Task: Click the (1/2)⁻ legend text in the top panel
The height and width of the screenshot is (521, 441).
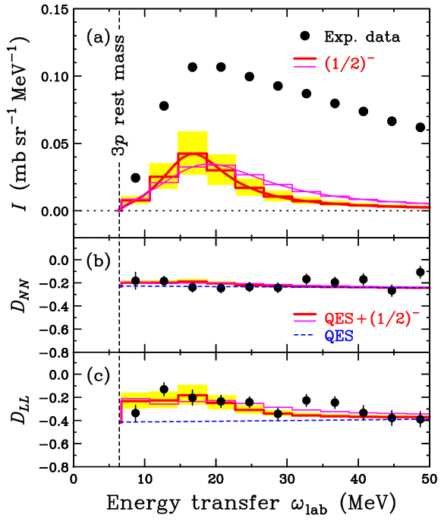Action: (x=349, y=65)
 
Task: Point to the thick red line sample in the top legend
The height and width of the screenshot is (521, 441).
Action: (x=304, y=58)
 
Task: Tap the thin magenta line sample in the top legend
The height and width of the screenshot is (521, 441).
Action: (x=304, y=68)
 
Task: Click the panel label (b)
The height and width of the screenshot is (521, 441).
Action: (x=98, y=260)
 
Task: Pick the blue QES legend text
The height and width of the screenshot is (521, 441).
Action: (x=339, y=335)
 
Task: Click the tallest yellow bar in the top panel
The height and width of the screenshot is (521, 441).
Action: (x=192, y=142)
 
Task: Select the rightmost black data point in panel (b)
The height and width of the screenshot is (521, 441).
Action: (x=392, y=290)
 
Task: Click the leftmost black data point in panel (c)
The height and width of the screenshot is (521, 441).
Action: (x=135, y=413)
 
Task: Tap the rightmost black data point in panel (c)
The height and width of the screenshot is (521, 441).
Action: (x=421, y=418)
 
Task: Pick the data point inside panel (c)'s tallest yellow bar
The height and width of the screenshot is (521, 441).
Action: (x=192, y=397)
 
